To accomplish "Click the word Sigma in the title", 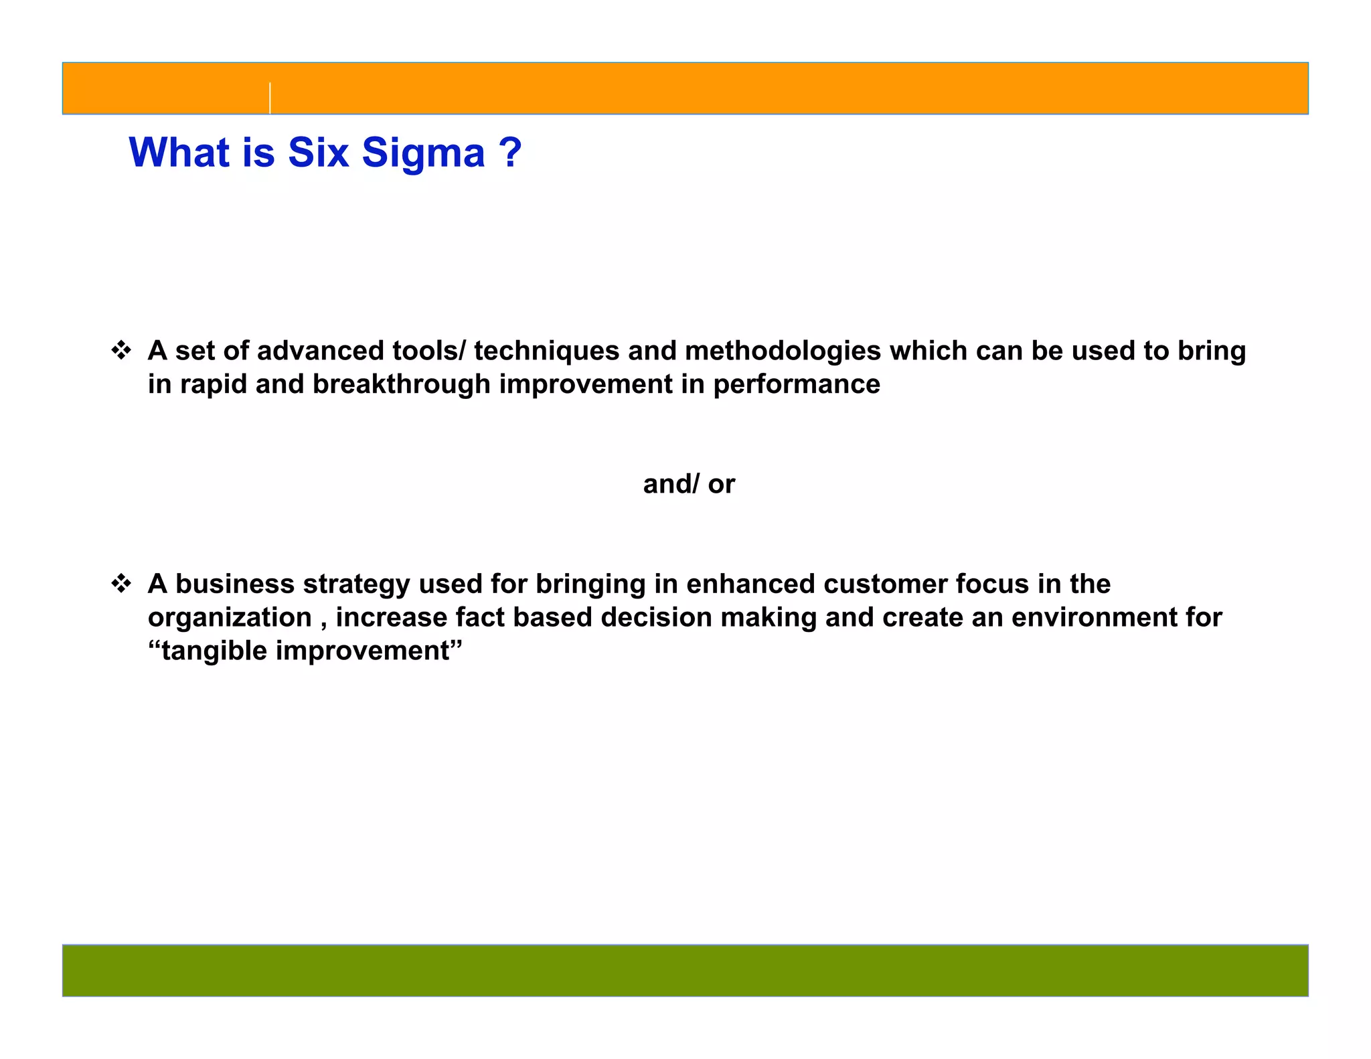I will [x=423, y=153].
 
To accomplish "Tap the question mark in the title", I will [x=510, y=153].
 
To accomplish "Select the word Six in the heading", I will [x=319, y=153].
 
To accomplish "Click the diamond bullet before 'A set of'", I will [x=121, y=350].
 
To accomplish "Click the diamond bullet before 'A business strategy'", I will [x=121, y=584].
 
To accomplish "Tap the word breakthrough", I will [x=402, y=384].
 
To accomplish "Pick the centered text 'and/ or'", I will [x=689, y=484].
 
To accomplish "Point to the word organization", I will [x=230, y=617].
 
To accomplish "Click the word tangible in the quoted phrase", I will [x=214, y=651].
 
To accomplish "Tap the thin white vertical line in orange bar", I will [x=270, y=98].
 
